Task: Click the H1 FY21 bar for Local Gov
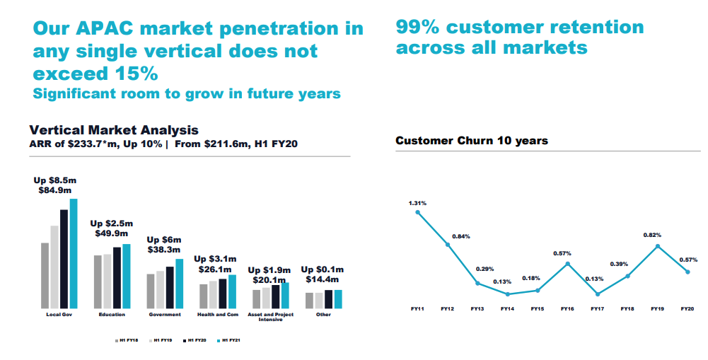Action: (73, 255)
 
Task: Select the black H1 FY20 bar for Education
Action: (117, 278)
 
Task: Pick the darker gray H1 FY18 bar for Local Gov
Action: (45, 276)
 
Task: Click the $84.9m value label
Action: (54, 190)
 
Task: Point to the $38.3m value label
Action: (164, 250)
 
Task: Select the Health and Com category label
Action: (217, 315)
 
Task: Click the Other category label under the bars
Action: (323, 315)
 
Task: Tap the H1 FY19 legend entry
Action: (163, 341)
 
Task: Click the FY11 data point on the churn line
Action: (417, 211)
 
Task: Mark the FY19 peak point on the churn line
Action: (658, 246)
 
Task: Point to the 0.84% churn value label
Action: (461, 236)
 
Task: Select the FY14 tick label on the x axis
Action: (507, 309)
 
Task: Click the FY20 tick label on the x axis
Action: (687, 309)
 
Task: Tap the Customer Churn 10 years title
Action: (472, 141)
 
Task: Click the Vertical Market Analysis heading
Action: (114, 130)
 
